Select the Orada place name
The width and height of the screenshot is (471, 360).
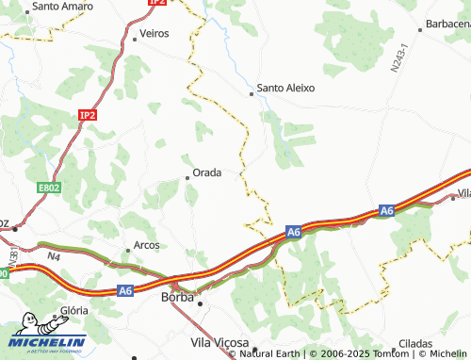click(x=207, y=172)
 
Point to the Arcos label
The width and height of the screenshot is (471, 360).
click(x=147, y=245)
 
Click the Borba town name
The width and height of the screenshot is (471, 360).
click(x=178, y=297)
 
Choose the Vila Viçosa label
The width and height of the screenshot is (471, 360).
click(x=219, y=341)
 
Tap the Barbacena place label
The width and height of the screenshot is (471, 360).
click(x=447, y=24)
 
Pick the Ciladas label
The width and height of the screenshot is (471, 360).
click(x=414, y=344)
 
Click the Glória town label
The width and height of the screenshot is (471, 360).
click(x=73, y=309)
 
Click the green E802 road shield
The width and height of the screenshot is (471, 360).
click(x=49, y=188)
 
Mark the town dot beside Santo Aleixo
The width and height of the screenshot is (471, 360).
click(x=252, y=93)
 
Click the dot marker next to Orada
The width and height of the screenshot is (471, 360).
click(x=187, y=176)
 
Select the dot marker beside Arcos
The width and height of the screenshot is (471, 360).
click(x=128, y=250)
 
